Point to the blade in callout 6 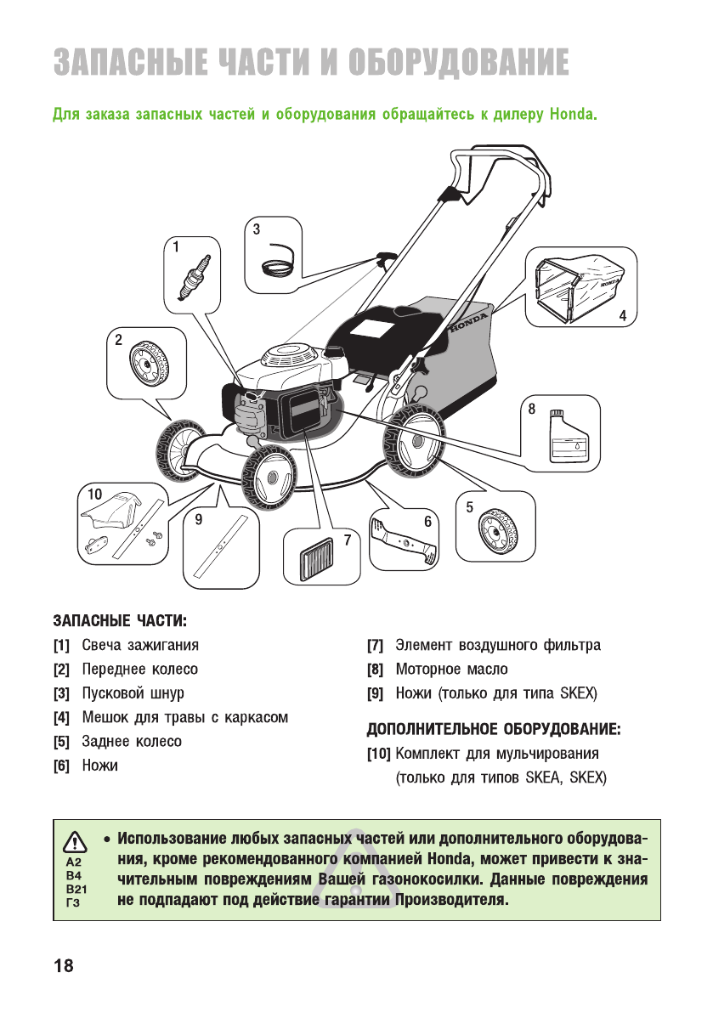[406, 540]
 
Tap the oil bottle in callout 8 [565, 438]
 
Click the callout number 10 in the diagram [94, 494]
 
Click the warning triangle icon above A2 [76, 842]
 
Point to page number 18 [63, 966]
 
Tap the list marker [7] [375, 646]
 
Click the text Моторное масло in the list [451, 670]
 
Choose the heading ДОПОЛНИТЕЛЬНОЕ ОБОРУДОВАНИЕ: [494, 729]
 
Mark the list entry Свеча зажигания [140, 646]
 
